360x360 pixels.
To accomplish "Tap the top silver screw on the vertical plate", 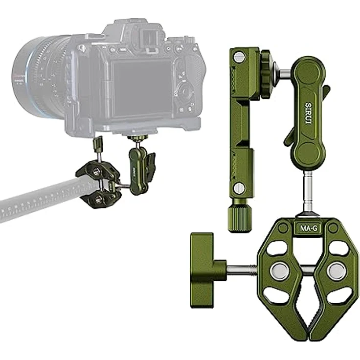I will [238, 57].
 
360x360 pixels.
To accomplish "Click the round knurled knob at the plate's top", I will [268, 74].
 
